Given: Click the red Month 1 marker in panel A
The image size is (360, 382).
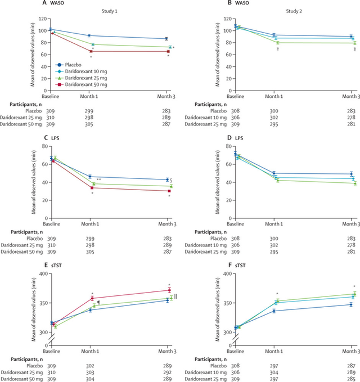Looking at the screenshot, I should coord(91,51).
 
